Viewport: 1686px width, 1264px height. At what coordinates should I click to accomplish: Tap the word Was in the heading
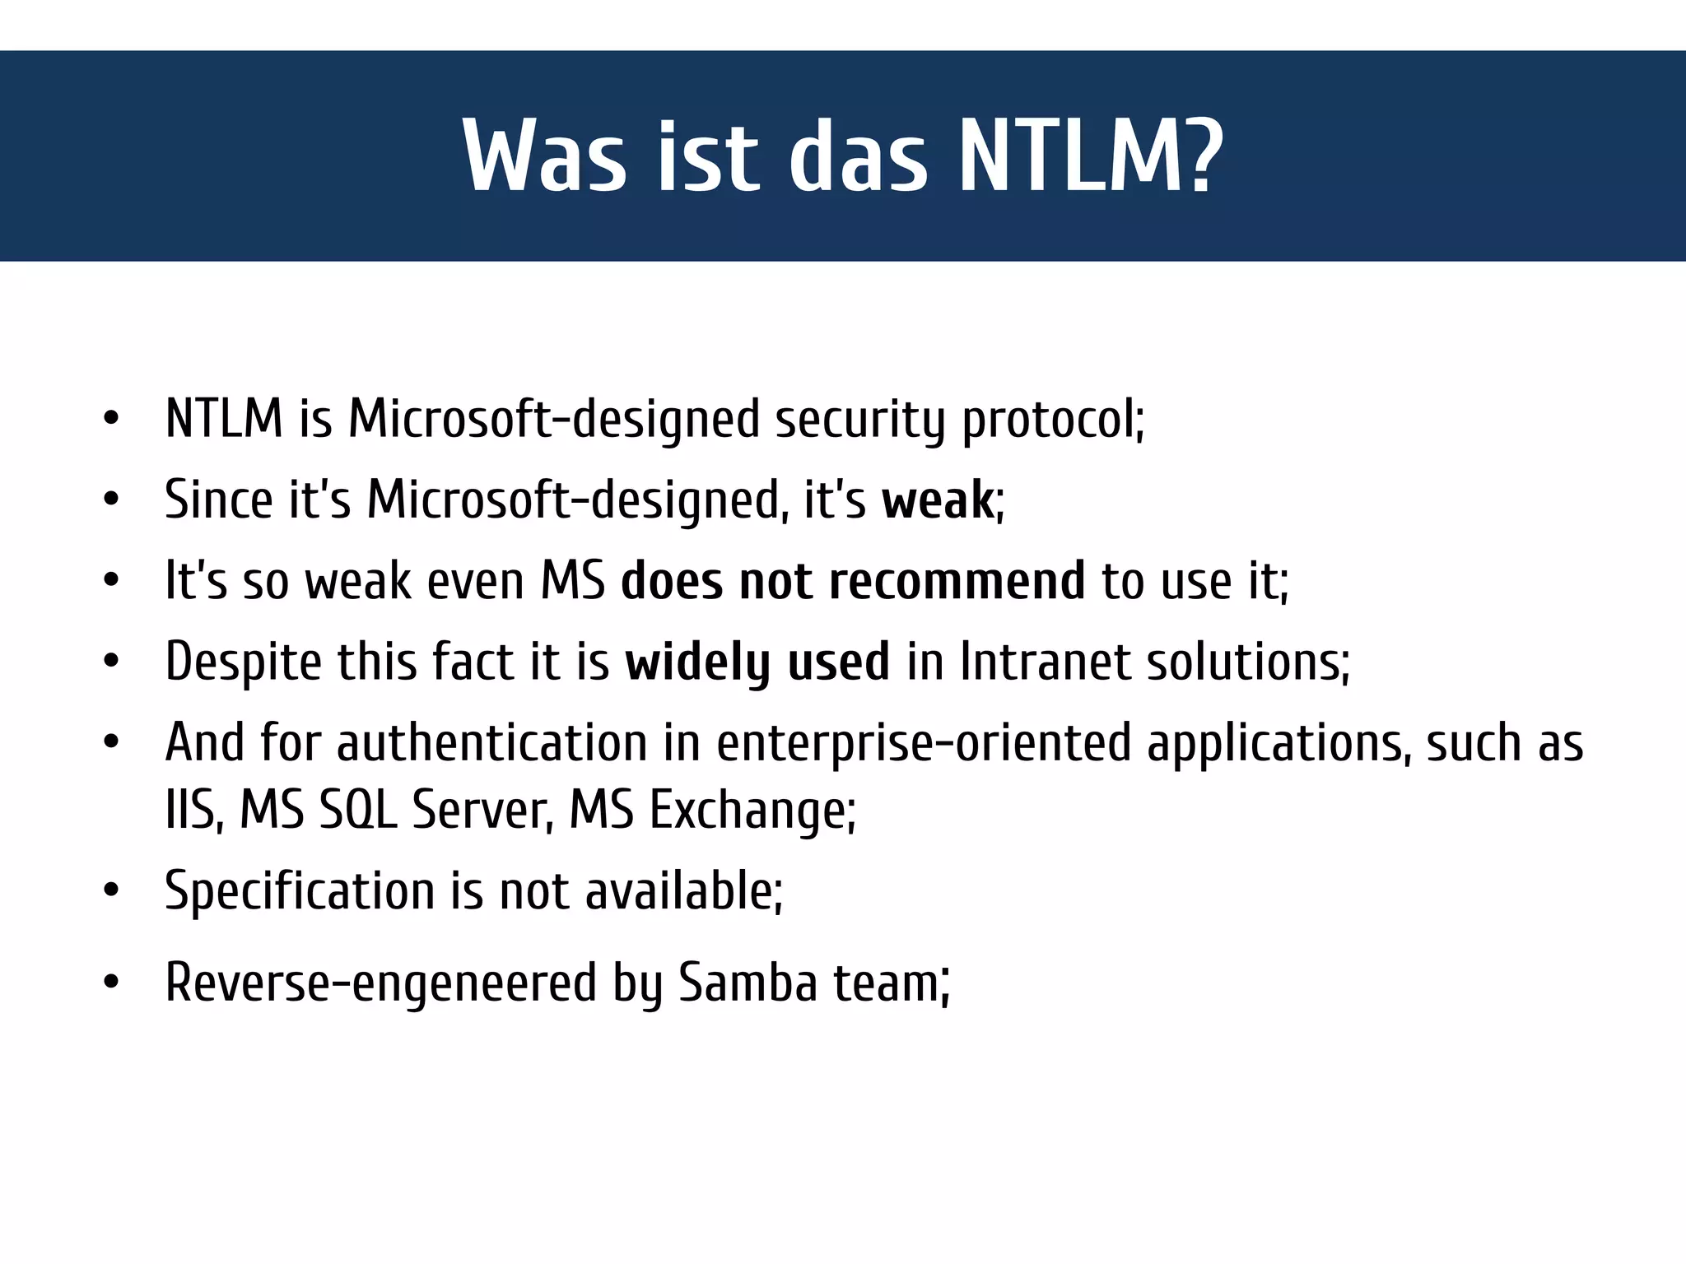tap(544, 156)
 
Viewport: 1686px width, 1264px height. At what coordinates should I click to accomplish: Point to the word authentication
tap(491, 743)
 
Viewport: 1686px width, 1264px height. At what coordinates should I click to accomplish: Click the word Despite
tap(243, 662)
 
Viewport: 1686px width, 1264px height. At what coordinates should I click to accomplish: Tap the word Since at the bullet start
tap(218, 500)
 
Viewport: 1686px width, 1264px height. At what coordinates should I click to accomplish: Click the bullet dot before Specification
tap(112, 892)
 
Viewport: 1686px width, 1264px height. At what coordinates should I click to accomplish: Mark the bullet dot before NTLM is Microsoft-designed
tap(112, 420)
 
